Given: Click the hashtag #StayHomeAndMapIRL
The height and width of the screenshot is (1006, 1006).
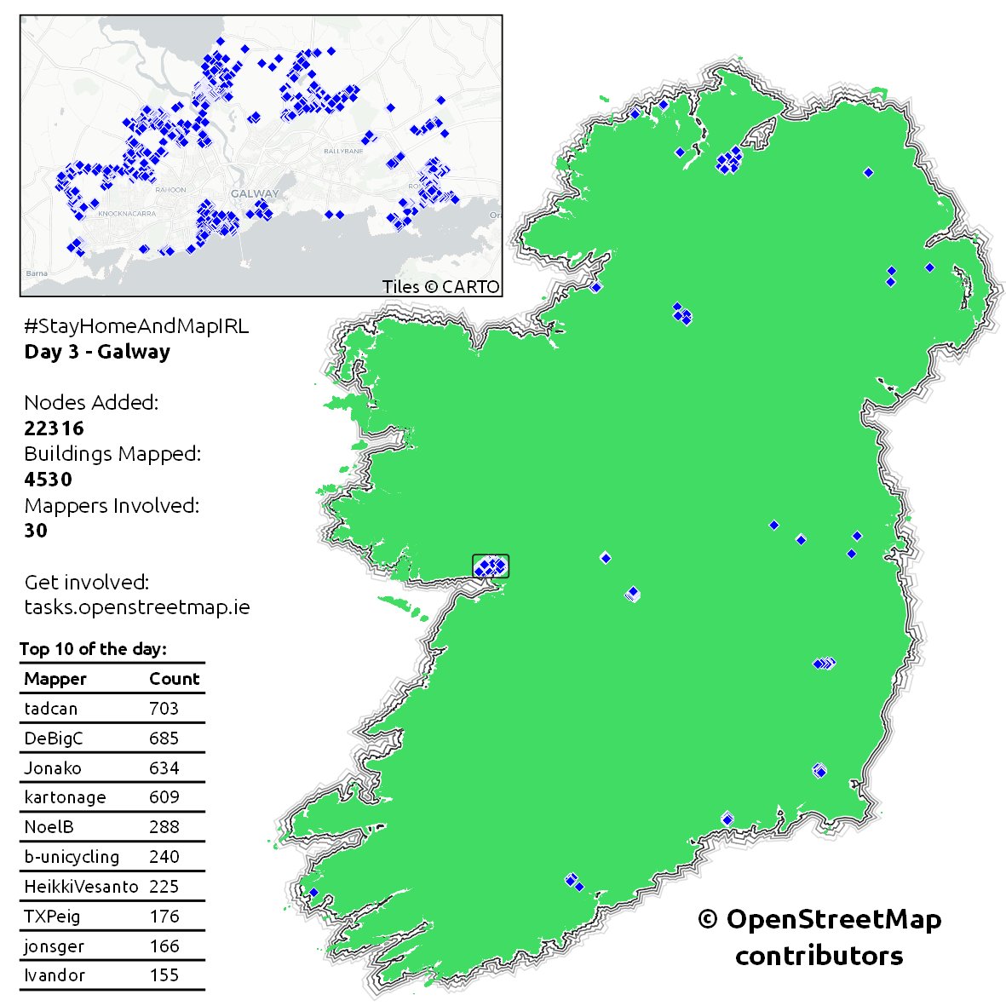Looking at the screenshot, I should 136,326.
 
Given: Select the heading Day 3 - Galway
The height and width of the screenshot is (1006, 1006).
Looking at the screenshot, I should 97,352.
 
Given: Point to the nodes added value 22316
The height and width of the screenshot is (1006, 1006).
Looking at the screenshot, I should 54,428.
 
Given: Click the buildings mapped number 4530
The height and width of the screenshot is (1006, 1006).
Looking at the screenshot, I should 48,480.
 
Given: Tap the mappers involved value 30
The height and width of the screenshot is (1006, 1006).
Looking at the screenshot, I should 36,531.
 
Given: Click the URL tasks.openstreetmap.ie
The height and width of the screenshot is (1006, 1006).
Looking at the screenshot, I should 136,607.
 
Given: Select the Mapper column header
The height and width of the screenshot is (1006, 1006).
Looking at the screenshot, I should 55,679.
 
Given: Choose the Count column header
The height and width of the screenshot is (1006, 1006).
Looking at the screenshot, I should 174,679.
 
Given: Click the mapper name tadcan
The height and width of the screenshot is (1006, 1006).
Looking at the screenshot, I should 50,709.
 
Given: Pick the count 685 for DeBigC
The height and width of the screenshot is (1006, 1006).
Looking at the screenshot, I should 164,739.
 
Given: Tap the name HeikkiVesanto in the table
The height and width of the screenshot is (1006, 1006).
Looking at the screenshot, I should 81,887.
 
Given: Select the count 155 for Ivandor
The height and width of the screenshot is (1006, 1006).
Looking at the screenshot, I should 164,975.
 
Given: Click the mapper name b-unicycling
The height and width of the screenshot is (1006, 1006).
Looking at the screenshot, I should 72,857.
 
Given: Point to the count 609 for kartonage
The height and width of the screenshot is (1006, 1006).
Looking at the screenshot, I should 164,797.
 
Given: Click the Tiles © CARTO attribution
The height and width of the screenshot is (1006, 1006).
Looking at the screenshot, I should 440,287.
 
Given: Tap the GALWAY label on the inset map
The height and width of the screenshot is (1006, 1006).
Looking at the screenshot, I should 254,193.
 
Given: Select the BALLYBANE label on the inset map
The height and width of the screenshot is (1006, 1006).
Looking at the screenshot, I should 343,151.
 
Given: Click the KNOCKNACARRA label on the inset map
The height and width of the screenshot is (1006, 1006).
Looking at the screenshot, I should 127,214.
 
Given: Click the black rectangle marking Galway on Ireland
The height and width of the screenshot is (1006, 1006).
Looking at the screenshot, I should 491,566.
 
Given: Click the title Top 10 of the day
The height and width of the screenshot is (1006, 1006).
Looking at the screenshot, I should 93,649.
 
